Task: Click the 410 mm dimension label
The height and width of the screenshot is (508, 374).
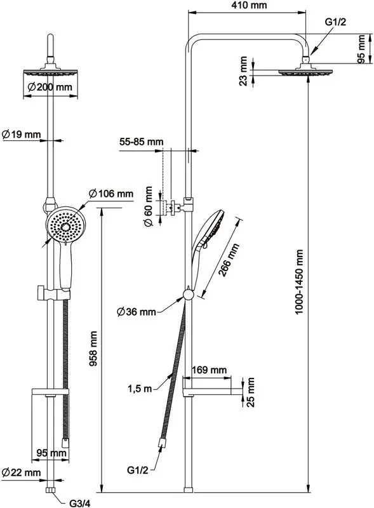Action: (x=248, y=5)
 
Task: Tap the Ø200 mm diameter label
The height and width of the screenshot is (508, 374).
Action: (x=50, y=87)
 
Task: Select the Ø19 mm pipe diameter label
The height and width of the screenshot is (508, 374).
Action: (x=22, y=134)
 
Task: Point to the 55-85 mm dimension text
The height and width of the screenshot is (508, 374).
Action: (x=142, y=142)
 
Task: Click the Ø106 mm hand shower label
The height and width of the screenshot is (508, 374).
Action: (x=111, y=194)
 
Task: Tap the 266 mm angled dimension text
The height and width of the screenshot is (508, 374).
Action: (x=229, y=260)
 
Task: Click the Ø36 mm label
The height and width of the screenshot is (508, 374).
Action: (x=137, y=312)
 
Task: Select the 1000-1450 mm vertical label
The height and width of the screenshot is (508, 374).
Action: (x=299, y=282)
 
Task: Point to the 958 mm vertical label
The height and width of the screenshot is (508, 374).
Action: (x=93, y=348)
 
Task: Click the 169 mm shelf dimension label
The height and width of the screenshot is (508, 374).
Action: (x=210, y=370)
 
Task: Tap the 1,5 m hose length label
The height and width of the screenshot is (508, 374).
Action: (x=140, y=389)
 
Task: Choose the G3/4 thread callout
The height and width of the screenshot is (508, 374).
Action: (x=80, y=503)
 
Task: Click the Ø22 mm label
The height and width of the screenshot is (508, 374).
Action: (x=22, y=472)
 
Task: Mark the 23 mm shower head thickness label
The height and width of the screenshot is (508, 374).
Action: (x=243, y=71)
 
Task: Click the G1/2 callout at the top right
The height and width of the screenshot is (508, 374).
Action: (x=336, y=22)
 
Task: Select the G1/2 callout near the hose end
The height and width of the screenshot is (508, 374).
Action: (x=137, y=470)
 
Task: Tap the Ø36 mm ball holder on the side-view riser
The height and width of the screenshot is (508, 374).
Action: (x=189, y=295)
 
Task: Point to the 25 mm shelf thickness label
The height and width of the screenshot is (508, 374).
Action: (x=251, y=392)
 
